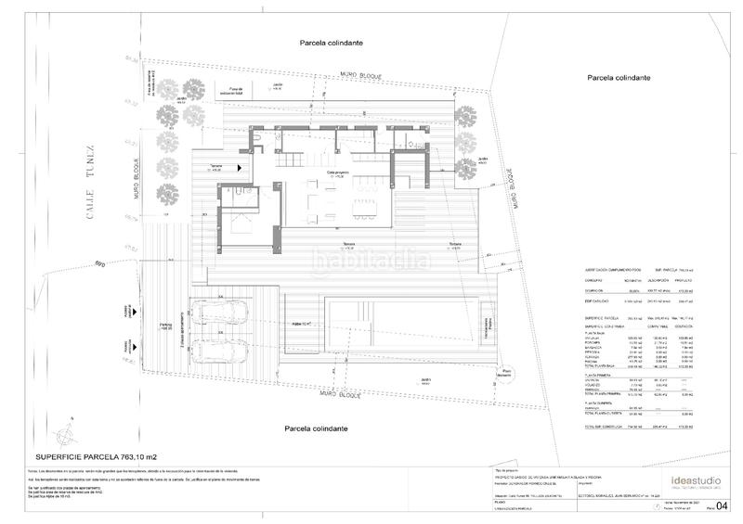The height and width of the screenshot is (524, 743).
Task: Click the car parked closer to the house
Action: tap(219, 314)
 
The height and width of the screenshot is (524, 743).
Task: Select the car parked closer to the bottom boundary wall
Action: tap(219, 353)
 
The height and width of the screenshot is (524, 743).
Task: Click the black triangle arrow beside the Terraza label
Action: tap(240, 167)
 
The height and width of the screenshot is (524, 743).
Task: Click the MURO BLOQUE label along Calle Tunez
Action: tap(136, 185)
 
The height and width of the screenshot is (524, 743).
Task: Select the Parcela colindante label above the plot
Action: tap(331, 43)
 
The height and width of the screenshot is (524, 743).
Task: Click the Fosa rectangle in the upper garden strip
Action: tap(228, 92)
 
